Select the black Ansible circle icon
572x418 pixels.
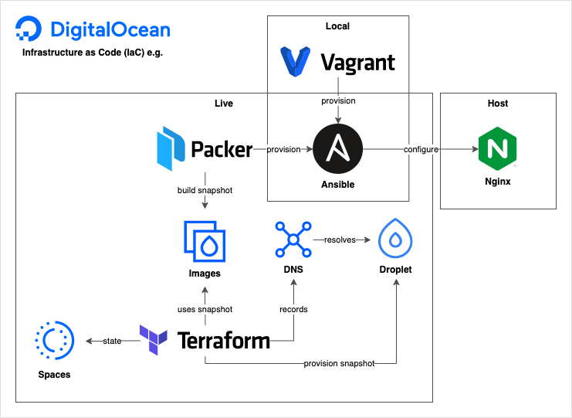pyautogui.click(x=337, y=149)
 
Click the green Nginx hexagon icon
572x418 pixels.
pyautogui.click(x=498, y=150)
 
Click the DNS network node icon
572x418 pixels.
pyautogui.click(x=293, y=240)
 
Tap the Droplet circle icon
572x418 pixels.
pyautogui.click(x=396, y=240)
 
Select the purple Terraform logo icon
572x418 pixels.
pyautogui.click(x=153, y=340)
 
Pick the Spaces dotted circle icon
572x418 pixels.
pyautogui.click(x=54, y=340)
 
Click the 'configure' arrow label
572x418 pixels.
pyautogui.click(x=421, y=149)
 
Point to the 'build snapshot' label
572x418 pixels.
pyautogui.click(x=205, y=190)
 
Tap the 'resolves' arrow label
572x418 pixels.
pyautogui.click(x=340, y=240)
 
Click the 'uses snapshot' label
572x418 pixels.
pyautogui.click(x=205, y=309)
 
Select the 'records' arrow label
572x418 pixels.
pyautogui.click(x=293, y=309)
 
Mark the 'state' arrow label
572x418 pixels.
pyautogui.click(x=112, y=341)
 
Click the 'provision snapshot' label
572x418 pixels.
pyautogui.click(x=339, y=363)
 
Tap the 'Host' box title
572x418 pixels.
pyautogui.click(x=498, y=104)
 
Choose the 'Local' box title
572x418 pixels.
pyautogui.click(x=337, y=26)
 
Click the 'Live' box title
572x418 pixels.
pyautogui.click(x=223, y=104)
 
